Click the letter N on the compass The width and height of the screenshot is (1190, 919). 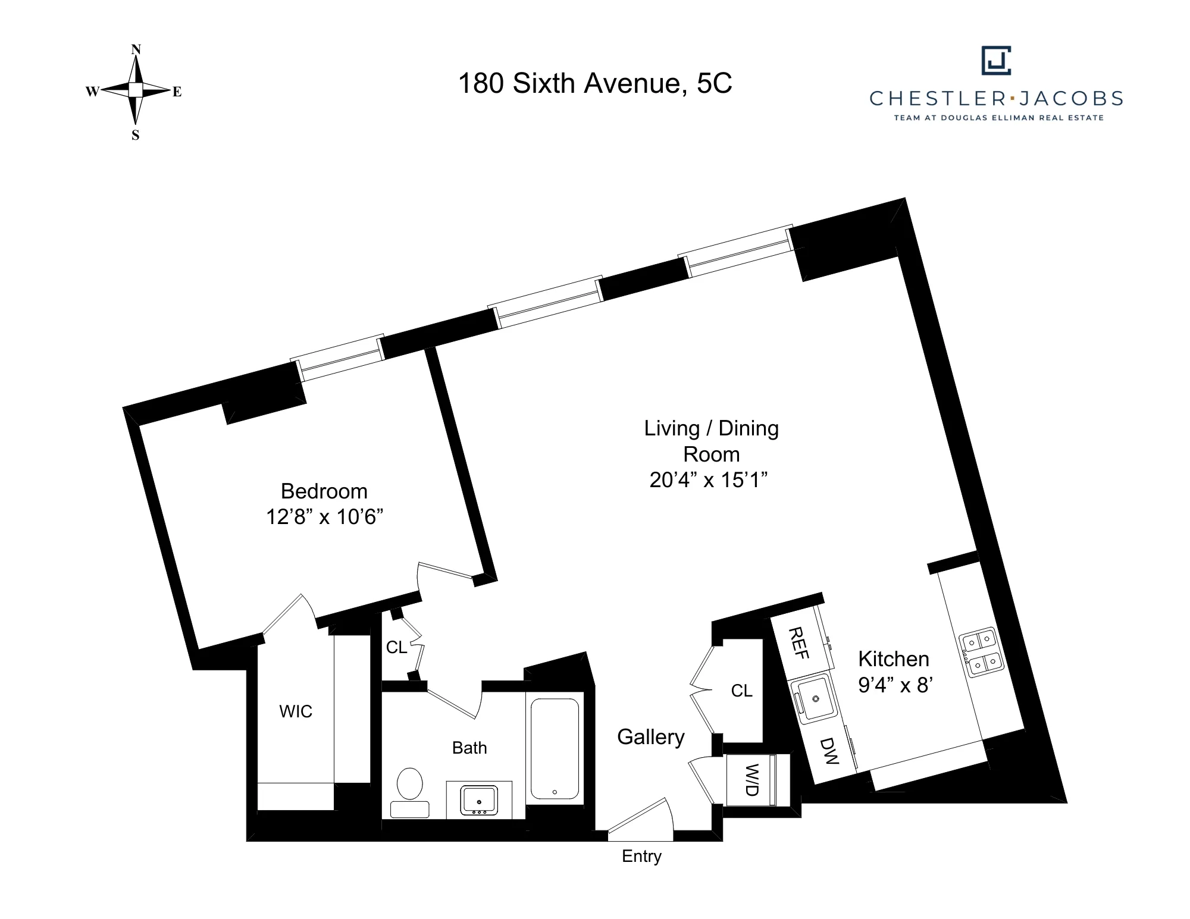pyautogui.click(x=136, y=49)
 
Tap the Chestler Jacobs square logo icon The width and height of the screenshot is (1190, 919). pyautogui.click(x=996, y=61)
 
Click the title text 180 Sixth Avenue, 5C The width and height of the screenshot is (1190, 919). pyautogui.click(x=595, y=83)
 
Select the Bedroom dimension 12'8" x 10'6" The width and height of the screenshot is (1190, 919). pyautogui.click(x=324, y=517)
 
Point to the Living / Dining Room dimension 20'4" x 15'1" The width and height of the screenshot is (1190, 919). pyautogui.click(x=709, y=479)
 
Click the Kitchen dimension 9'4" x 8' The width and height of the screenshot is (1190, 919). pyautogui.click(x=895, y=685)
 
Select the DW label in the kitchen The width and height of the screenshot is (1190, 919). pyautogui.click(x=829, y=751)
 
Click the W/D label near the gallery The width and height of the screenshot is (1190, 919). pyautogui.click(x=751, y=780)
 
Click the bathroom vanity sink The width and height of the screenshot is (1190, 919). pyautogui.click(x=479, y=800)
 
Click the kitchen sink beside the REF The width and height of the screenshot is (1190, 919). pyautogui.click(x=813, y=700)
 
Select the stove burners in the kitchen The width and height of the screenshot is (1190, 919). pyautogui.click(x=981, y=652)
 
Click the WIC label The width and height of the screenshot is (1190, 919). pyautogui.click(x=296, y=711)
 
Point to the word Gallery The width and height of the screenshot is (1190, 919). pyautogui.click(x=650, y=737)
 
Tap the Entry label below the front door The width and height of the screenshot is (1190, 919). pyautogui.click(x=641, y=856)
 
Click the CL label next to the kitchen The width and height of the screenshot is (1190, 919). pyautogui.click(x=741, y=691)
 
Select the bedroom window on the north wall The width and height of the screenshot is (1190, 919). pyautogui.click(x=338, y=358)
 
